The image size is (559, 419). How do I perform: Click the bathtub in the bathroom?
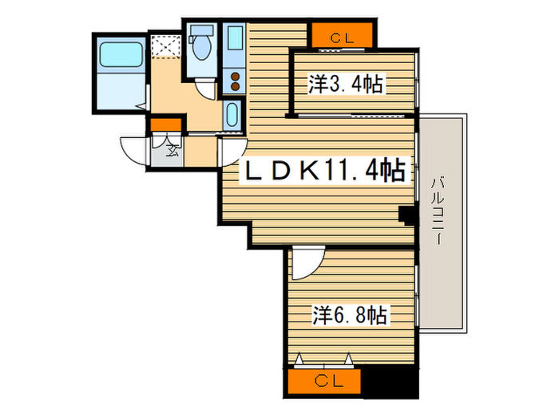120,57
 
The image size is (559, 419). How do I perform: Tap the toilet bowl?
200,49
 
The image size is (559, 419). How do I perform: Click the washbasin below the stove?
232,114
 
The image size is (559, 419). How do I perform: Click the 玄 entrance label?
171,147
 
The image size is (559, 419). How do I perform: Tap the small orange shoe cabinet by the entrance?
165,125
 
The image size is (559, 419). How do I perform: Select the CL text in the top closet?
341,35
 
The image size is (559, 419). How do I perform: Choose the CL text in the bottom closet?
324,381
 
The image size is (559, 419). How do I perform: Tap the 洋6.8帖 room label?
351,315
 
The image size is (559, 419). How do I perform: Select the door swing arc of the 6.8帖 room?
306,264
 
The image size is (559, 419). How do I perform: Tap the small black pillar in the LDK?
406,214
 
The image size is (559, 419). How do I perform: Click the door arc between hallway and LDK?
232,151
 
